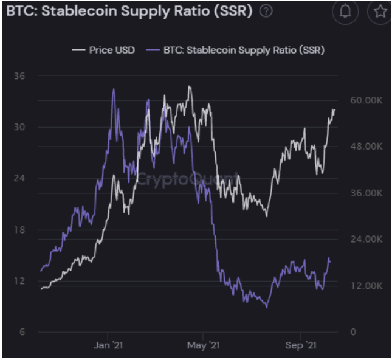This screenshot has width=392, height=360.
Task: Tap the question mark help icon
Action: [266, 12]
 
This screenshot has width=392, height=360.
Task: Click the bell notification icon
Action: [346, 12]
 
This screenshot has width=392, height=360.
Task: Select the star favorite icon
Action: [381, 12]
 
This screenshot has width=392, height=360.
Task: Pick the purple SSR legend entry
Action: [236, 50]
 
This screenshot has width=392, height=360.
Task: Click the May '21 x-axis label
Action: [204, 345]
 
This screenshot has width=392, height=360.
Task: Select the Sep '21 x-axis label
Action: [301, 345]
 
